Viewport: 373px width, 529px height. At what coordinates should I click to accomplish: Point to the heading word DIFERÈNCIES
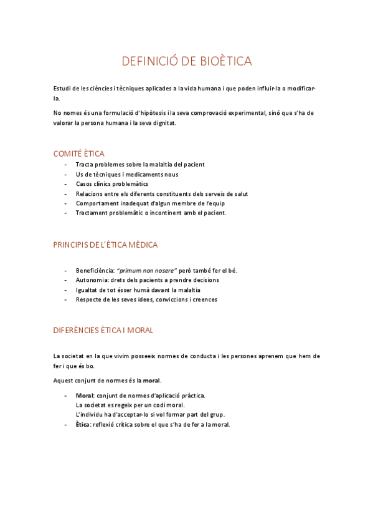78,330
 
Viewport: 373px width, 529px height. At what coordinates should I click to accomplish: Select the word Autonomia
91,280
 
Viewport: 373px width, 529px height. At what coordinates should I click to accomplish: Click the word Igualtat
87,290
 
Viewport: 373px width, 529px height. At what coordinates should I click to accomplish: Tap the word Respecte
88,299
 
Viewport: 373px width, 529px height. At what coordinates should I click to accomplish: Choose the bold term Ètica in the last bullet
82,425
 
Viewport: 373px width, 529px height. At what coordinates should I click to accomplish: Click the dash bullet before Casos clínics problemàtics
65,184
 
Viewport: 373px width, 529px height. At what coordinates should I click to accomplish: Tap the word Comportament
97,203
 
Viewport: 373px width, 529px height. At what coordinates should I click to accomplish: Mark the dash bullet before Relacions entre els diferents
65,193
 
